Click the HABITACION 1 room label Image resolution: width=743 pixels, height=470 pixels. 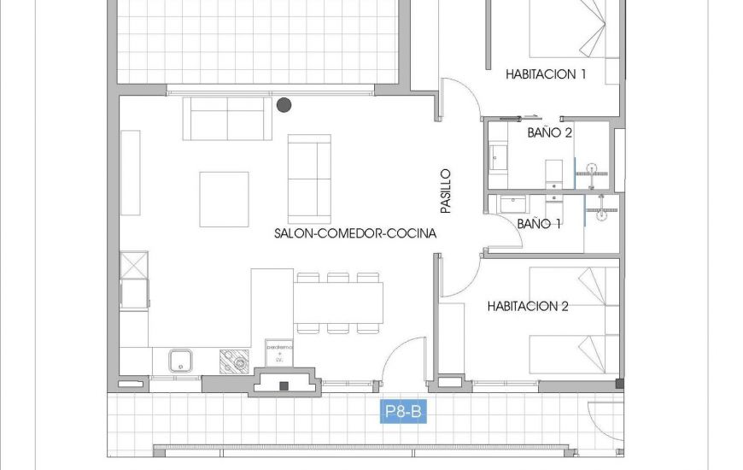coord(546,74)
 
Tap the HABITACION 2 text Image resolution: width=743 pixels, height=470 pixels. coord(528,306)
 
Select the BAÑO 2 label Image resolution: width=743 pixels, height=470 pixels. coord(549,132)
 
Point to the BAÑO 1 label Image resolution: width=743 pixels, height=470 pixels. coord(539,224)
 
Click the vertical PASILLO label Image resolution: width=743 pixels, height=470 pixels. coord(445,191)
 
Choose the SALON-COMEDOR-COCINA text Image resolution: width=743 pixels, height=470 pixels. coord(355,233)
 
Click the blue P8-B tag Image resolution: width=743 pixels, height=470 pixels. coord(402,413)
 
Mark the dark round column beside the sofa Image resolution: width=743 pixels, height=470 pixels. coord(284,105)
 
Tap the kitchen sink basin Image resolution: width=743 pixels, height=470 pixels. coord(180,361)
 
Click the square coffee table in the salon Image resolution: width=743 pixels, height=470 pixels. coord(224,199)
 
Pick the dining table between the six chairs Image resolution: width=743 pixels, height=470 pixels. coord(338,303)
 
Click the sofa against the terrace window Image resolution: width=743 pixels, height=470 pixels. coord(226,119)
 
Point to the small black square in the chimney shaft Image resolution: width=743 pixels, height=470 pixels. coord(284,385)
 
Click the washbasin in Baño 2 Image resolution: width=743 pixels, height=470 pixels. coord(500,157)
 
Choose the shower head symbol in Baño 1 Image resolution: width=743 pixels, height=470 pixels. coord(601,209)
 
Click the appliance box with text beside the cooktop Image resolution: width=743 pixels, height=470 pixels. coord(279,352)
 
